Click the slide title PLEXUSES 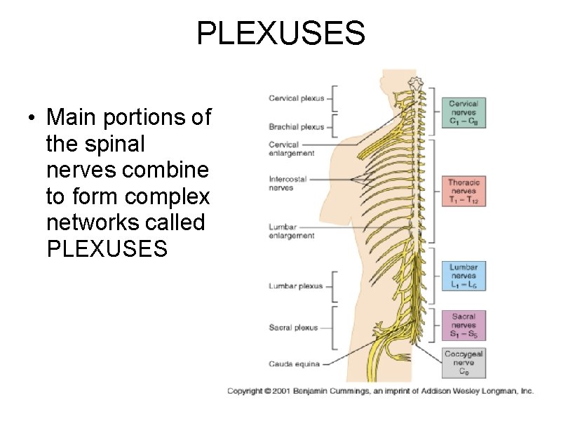(x=280, y=33)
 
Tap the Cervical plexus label (x=296, y=98)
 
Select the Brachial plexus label (x=297, y=127)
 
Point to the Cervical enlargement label (x=292, y=149)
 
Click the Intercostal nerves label (x=288, y=183)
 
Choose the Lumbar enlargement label (x=292, y=232)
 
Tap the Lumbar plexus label (x=296, y=286)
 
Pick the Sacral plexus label (x=294, y=328)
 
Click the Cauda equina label (x=295, y=363)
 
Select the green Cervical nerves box (x=464, y=112)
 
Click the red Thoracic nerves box (x=464, y=192)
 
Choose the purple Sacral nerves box (x=464, y=326)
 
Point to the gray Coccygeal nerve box (x=464, y=363)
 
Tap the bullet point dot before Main (x=32, y=118)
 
